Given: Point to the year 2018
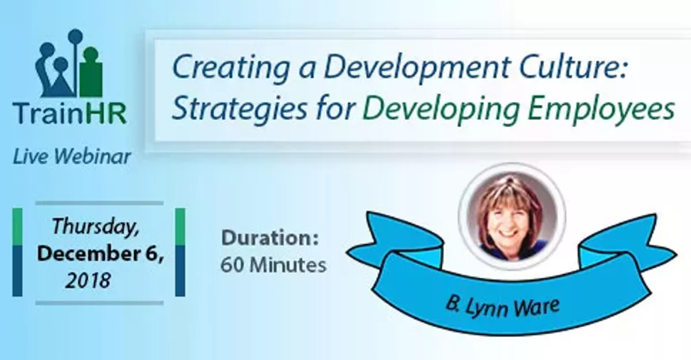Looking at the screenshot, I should (87, 281).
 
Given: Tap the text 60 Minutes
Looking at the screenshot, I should (274, 266).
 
